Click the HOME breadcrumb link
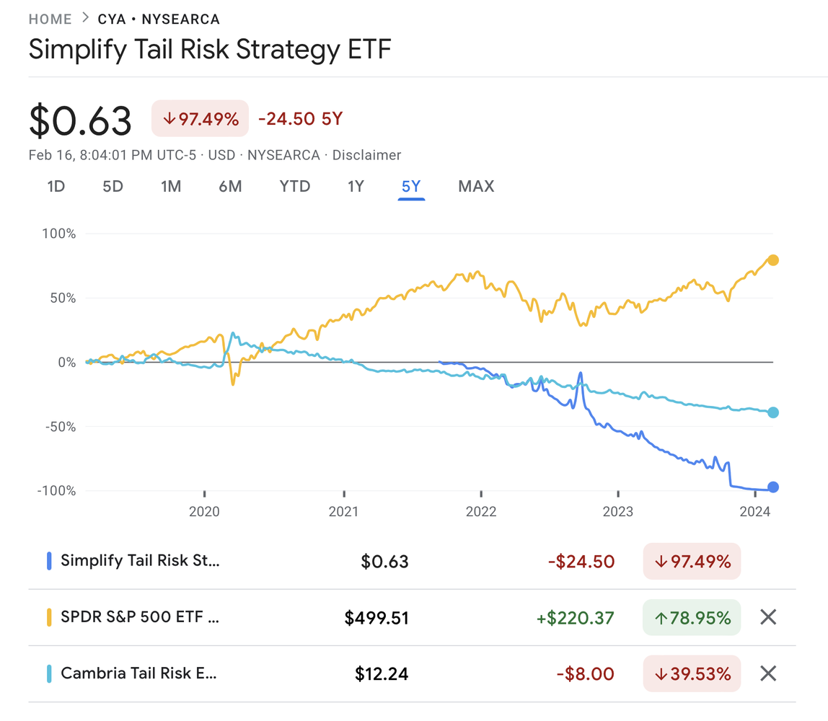click(50, 19)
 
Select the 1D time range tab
click(56, 187)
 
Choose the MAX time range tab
click(476, 187)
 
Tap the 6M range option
click(230, 187)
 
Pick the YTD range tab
click(294, 187)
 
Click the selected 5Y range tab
click(411, 187)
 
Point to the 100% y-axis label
click(59, 234)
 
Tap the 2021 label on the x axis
click(343, 513)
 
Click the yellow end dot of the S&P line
click(772, 260)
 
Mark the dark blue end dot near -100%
click(772, 487)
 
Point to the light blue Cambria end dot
click(772, 412)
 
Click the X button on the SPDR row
click(769, 617)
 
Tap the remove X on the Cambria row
click(769, 673)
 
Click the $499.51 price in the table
click(376, 618)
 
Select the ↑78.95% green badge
click(692, 618)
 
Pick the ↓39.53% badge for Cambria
click(692, 674)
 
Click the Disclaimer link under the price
click(366, 155)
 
